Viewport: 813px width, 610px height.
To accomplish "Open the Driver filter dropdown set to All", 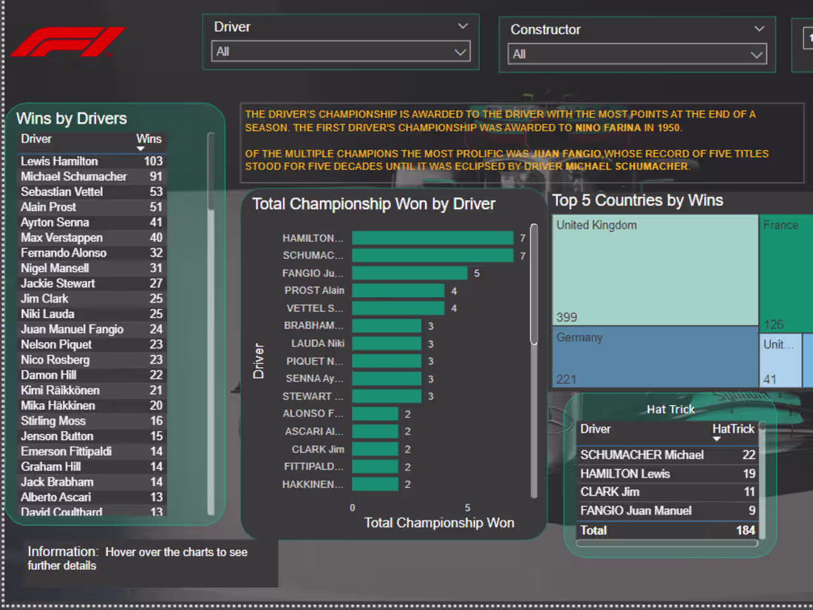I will coord(341,52).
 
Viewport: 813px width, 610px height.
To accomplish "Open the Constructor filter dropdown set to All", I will coord(637,54).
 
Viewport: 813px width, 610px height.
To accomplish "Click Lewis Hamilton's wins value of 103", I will coord(153,161).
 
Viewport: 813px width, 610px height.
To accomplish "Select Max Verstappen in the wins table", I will coord(62,237).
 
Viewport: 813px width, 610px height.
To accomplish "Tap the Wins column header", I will coord(149,139).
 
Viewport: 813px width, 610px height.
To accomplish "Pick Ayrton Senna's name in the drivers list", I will coord(55,222).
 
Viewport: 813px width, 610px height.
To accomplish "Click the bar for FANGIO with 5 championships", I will coord(409,273).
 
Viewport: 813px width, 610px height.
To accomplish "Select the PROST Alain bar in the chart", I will coord(398,291).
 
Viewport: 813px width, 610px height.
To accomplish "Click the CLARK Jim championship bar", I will coord(375,449).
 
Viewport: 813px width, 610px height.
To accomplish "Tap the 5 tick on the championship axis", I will coord(468,508).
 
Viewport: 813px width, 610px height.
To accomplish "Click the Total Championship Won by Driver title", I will coord(374,204).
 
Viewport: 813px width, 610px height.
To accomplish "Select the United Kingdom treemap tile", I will coord(655,270).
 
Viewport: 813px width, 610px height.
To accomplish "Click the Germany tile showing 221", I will coord(655,358).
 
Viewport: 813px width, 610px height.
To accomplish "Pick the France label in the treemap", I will coord(780,226).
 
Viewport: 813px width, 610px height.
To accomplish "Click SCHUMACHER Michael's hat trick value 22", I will coord(749,455).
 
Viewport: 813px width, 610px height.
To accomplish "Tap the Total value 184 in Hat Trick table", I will coord(746,530).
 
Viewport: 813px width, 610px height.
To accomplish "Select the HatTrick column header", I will coord(733,429).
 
